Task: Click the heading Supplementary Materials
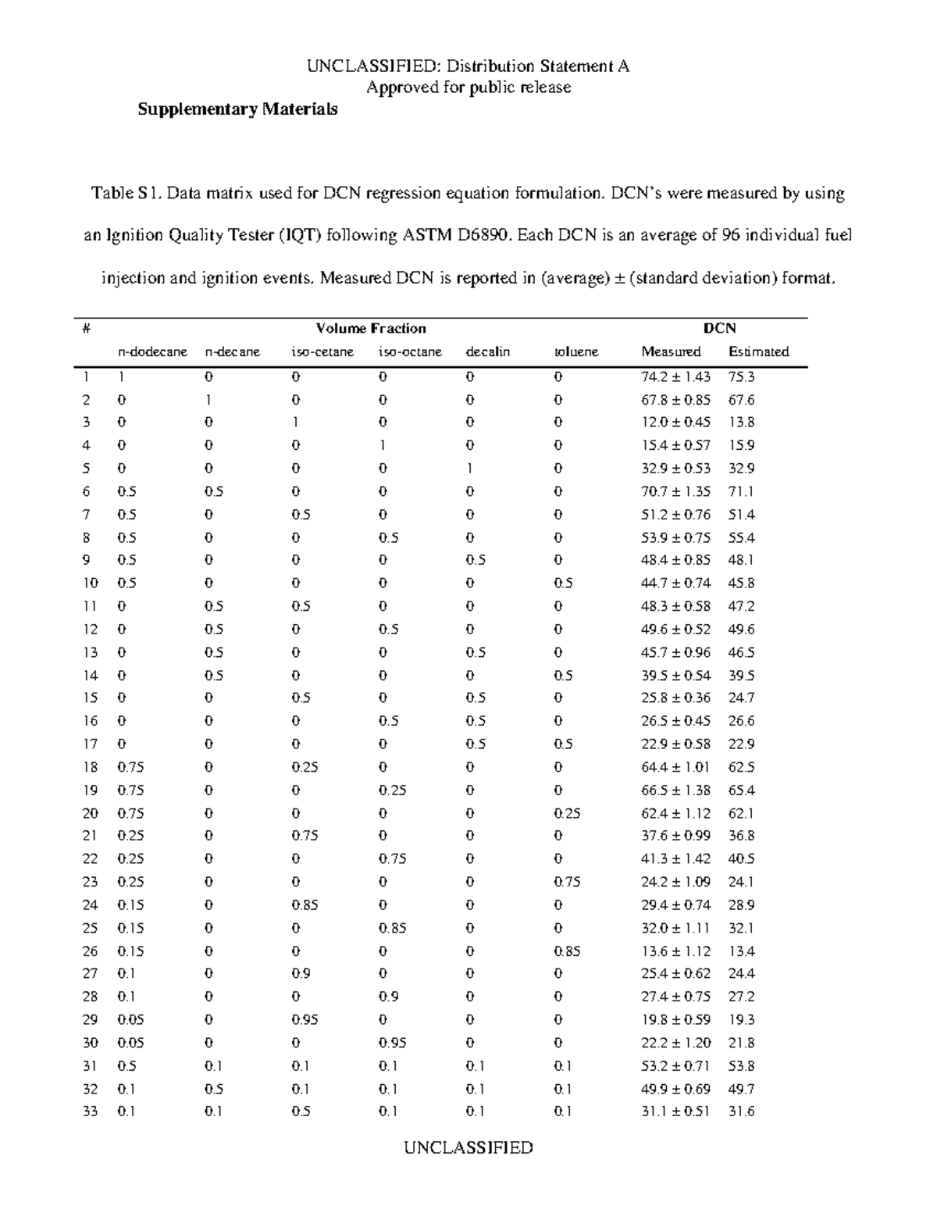[237, 109]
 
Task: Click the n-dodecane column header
[152, 351]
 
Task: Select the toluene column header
[576, 351]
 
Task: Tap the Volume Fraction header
[371, 328]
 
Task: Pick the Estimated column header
[758, 351]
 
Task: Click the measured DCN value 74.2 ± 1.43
[675, 376]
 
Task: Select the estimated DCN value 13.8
[741, 423]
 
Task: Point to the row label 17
[91, 744]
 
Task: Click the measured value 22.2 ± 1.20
[675, 1043]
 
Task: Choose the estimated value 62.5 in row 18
[741, 767]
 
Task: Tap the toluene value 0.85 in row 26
[567, 951]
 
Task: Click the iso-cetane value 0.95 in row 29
[305, 1020]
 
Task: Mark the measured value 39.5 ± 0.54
[675, 676]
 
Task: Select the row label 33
[91, 1111]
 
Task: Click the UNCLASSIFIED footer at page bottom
[468, 1147]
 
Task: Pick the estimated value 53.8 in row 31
[741, 1066]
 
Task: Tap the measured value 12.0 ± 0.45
[675, 423]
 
